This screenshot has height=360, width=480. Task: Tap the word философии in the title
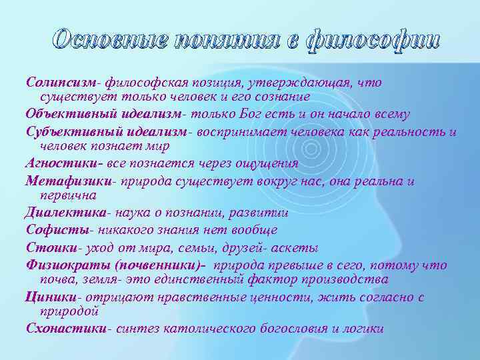tap(373, 39)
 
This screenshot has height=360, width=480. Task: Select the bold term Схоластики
tap(66, 328)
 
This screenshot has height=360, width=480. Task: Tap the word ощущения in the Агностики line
tap(266, 163)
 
